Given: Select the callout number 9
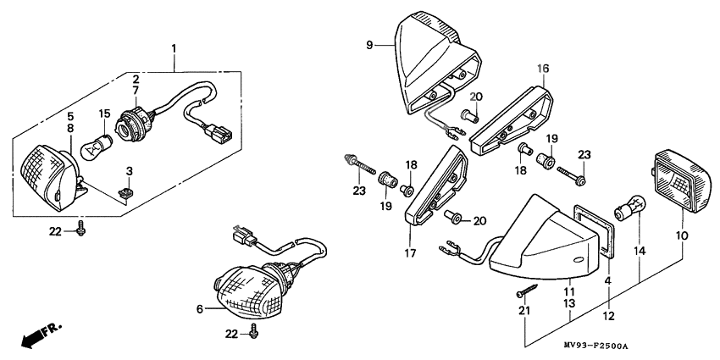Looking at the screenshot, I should click(x=370, y=43).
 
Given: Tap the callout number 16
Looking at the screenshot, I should click(x=543, y=68).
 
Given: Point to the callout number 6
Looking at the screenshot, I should click(x=200, y=310).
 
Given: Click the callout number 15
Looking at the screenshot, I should click(x=105, y=113).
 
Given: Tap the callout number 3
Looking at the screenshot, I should click(x=130, y=171).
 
